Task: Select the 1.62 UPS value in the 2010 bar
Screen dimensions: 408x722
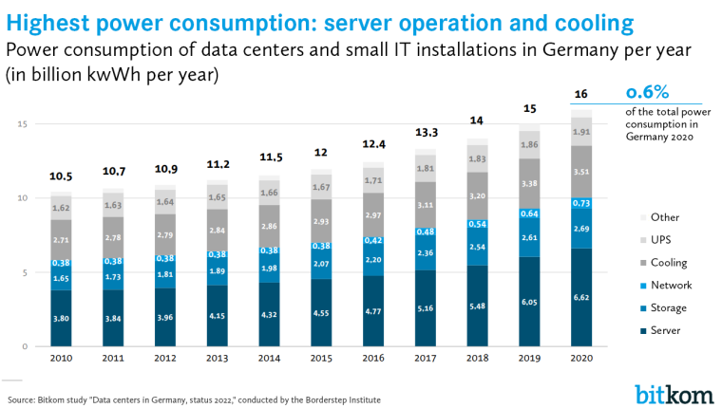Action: point(61,207)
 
